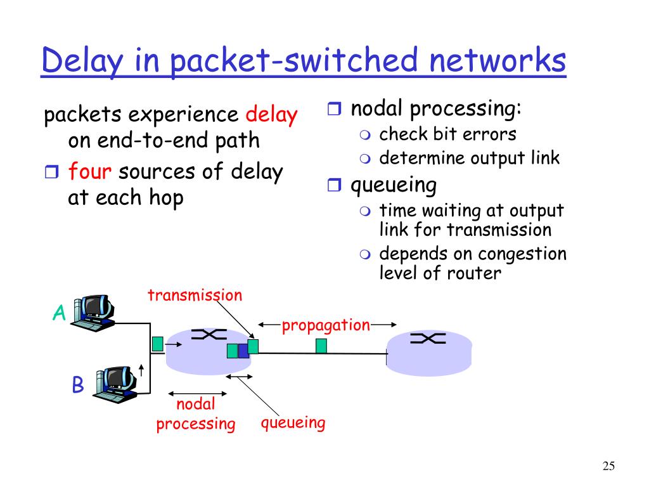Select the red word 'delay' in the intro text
pyautogui.click(x=271, y=115)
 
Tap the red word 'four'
pyautogui.click(x=89, y=172)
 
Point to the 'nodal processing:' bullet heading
pyautogui.click(x=436, y=109)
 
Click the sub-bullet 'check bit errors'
pyautogui.click(x=447, y=134)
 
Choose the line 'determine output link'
pyautogui.click(x=469, y=158)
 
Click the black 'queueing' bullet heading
pyautogui.click(x=394, y=185)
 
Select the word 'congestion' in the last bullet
pyautogui.click(x=522, y=254)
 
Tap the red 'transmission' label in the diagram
pyautogui.click(x=195, y=295)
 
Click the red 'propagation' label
pyautogui.click(x=326, y=325)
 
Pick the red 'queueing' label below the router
pyautogui.click(x=293, y=423)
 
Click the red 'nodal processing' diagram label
pyautogui.click(x=196, y=414)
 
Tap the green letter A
pyautogui.click(x=59, y=313)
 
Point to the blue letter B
pyautogui.click(x=77, y=385)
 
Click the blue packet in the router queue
pyautogui.click(x=243, y=351)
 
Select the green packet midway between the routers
pyautogui.click(x=321, y=346)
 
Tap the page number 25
pyautogui.click(x=608, y=467)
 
